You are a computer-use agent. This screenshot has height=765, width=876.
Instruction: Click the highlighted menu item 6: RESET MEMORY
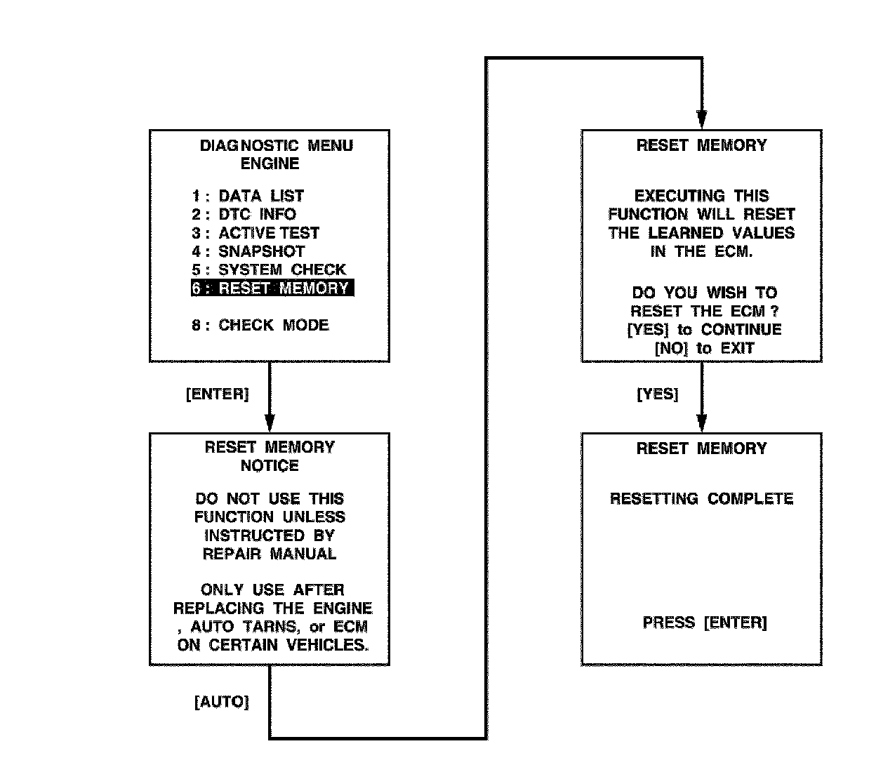click(x=272, y=288)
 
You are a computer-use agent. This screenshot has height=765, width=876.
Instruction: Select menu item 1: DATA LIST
click(x=248, y=196)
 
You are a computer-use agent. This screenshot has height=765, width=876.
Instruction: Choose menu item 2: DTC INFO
click(x=244, y=214)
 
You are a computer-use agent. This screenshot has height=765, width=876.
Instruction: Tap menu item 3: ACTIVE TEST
click(x=255, y=233)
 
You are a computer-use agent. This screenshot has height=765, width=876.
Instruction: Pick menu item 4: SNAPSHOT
click(x=248, y=251)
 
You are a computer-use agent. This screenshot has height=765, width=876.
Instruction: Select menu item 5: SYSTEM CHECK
click(x=269, y=270)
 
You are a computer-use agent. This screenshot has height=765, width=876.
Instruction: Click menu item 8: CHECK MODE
click(x=260, y=325)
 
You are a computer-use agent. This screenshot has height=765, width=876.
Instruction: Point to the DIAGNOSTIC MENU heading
click(x=277, y=146)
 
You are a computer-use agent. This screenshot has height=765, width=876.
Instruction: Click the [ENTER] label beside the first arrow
click(x=217, y=394)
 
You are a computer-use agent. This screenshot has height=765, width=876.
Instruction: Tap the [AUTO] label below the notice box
click(x=221, y=702)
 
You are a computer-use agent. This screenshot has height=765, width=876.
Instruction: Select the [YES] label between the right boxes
click(x=658, y=394)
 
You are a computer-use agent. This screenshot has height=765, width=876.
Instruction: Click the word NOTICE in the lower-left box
click(x=270, y=465)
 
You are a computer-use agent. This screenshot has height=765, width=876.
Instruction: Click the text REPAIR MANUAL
click(x=270, y=554)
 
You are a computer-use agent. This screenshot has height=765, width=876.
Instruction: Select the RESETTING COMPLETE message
click(x=701, y=499)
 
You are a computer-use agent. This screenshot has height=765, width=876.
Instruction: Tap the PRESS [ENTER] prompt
click(x=704, y=623)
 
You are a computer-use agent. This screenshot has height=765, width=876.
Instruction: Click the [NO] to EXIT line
click(x=704, y=348)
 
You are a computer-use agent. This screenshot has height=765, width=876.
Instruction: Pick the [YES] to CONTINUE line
click(x=704, y=329)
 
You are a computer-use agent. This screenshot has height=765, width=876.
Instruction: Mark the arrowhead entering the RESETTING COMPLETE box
click(x=701, y=423)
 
